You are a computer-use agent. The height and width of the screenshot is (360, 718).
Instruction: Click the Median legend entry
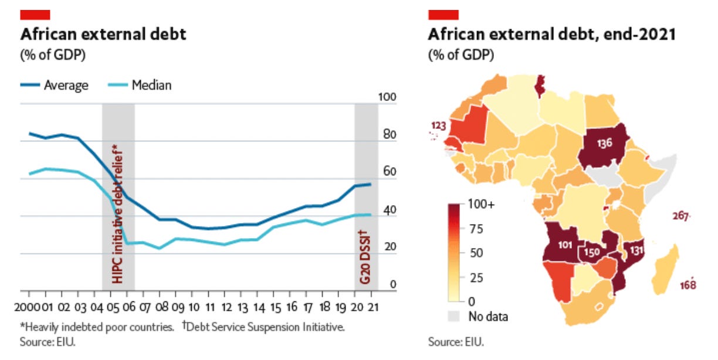pos(151,85)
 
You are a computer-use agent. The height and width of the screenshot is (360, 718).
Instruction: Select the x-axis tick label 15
pos(275,307)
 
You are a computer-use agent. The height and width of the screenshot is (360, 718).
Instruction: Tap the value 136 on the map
pos(605,142)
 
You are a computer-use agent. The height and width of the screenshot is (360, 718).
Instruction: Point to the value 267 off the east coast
pos(679,217)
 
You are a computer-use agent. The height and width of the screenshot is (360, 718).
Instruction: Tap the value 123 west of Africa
pos(438,125)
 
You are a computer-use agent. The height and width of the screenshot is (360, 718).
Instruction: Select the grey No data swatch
pos(455,317)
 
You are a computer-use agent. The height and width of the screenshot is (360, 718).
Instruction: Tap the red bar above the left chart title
pos(35,15)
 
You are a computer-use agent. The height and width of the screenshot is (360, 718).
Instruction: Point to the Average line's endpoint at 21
pos(370,185)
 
